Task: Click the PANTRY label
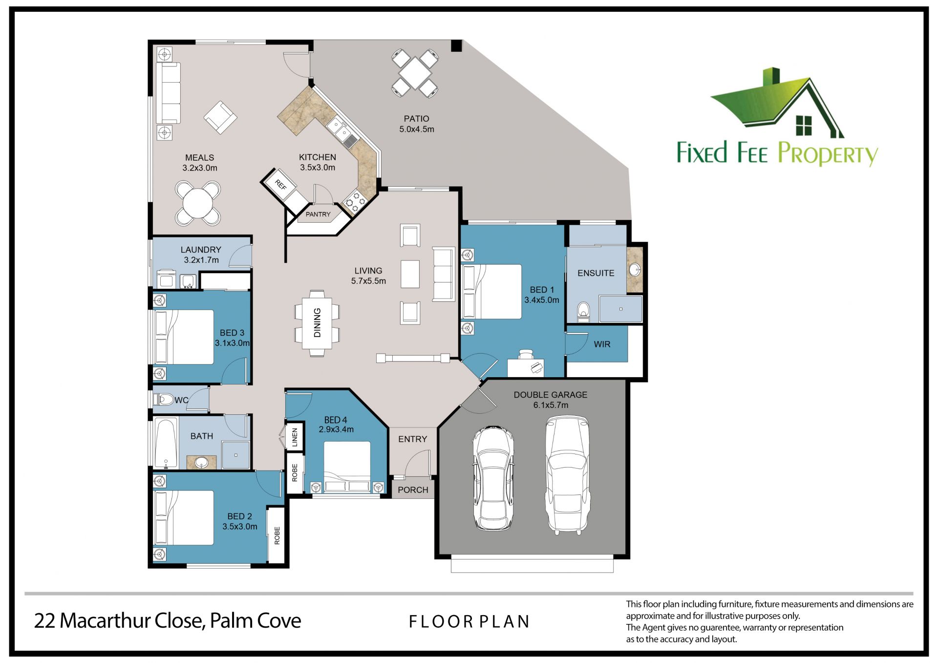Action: [318, 214]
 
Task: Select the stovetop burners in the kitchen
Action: [355, 201]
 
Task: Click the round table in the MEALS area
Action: [198, 203]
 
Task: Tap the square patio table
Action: [415, 73]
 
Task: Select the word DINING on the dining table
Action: [317, 322]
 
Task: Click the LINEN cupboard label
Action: [295, 437]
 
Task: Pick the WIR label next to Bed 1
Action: [602, 344]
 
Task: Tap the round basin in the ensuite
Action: [635, 269]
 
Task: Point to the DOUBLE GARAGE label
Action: [551, 395]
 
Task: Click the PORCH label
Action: [413, 490]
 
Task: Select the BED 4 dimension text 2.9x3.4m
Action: [336, 430]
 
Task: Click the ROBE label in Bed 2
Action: [277, 535]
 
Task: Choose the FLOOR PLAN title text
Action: [469, 622]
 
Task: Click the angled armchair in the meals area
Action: [220, 117]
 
